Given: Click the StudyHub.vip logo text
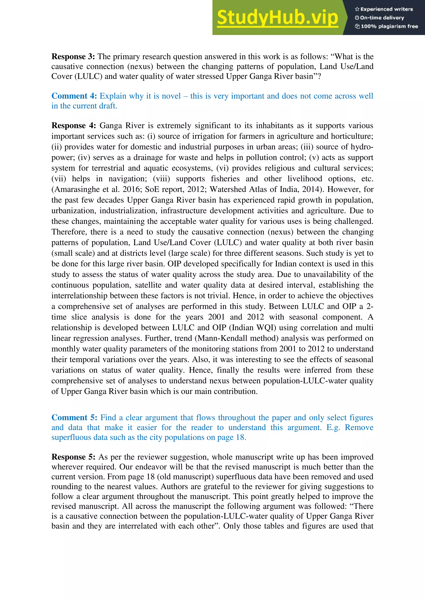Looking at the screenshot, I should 277,18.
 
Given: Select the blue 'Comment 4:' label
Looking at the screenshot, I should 74,96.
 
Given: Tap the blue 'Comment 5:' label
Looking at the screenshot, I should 74,418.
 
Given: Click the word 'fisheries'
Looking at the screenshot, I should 225,179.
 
